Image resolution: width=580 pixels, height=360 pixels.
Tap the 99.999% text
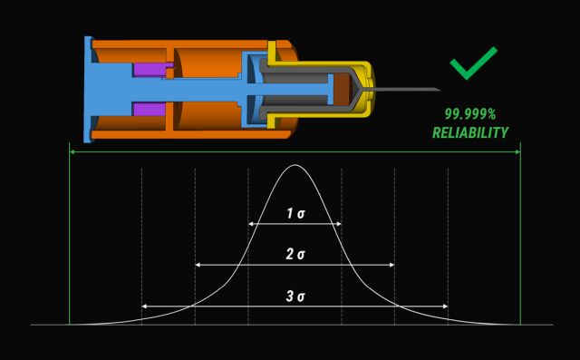click(470, 114)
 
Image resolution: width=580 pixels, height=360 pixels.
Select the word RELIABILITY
click(470, 132)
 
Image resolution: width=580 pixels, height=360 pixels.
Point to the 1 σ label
click(295, 213)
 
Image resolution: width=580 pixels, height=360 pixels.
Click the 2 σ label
click(295, 254)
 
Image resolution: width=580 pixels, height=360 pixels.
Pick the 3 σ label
click(295, 296)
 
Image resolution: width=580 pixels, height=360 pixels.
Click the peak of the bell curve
click(295, 165)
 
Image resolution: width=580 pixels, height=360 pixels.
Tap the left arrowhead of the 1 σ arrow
click(250, 224)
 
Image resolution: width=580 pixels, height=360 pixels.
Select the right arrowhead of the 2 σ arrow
click(392, 265)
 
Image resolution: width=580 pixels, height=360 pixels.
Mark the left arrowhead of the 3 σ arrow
click(144, 306)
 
